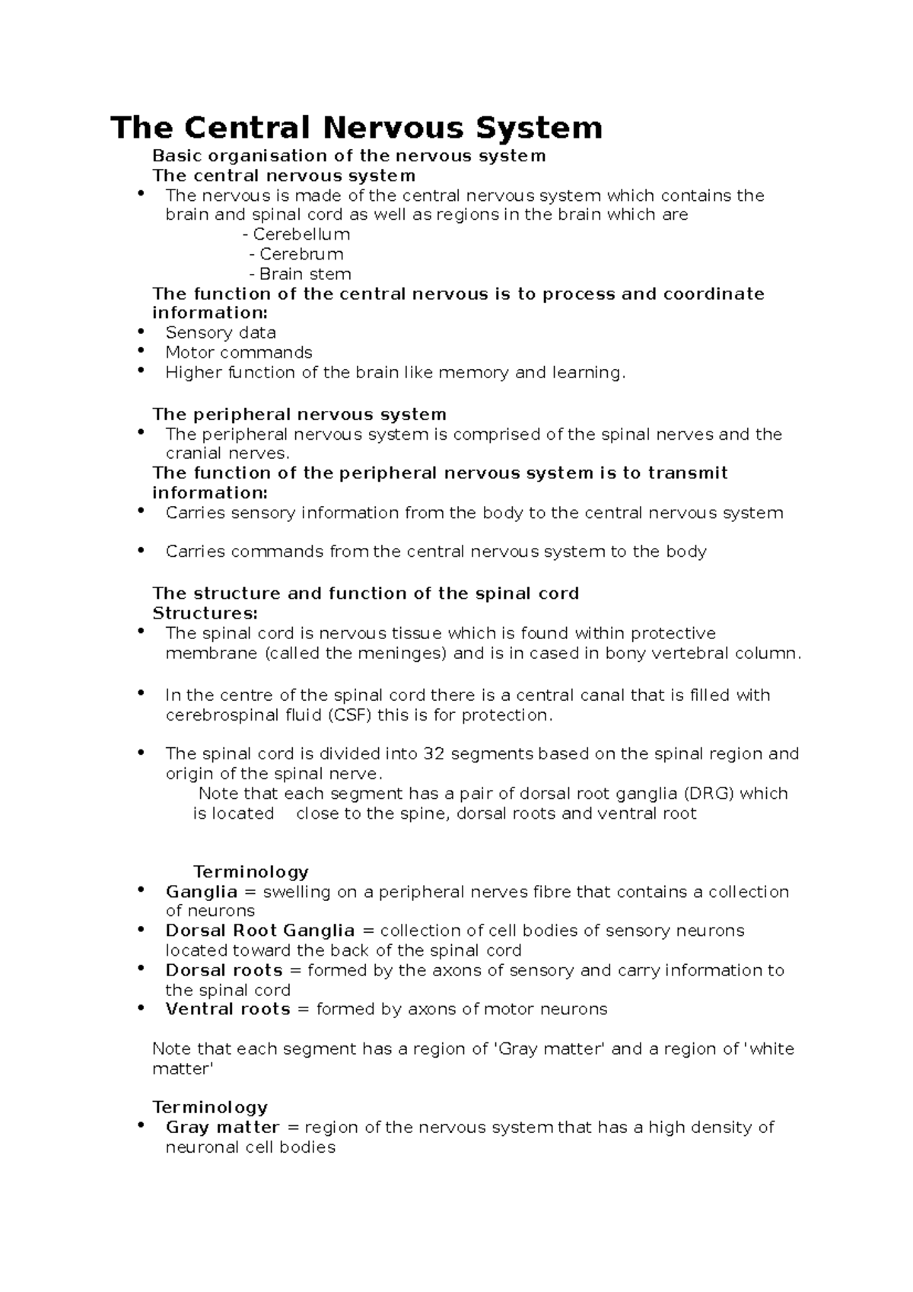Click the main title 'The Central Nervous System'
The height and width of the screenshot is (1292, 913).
[x=356, y=128]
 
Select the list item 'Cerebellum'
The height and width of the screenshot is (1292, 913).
[x=301, y=234]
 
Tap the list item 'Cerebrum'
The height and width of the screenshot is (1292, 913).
[x=301, y=254]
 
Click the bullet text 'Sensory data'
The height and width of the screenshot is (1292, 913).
[x=221, y=333]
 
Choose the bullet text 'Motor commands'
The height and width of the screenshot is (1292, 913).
[x=239, y=352]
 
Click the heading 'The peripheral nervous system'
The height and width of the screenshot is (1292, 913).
[x=299, y=415]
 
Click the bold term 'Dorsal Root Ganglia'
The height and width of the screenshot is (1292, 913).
[x=260, y=931]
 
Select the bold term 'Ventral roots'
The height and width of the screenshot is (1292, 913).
[x=227, y=1010]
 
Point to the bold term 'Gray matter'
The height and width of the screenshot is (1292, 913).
[x=222, y=1128]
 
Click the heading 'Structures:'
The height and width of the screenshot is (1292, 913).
[x=205, y=613]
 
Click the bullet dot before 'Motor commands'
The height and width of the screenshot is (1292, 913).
[x=141, y=351]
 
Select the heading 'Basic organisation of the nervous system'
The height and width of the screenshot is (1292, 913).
[x=348, y=156]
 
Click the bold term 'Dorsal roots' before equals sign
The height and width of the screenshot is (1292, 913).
[x=224, y=971]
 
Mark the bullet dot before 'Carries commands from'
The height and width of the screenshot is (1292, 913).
[x=141, y=549]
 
